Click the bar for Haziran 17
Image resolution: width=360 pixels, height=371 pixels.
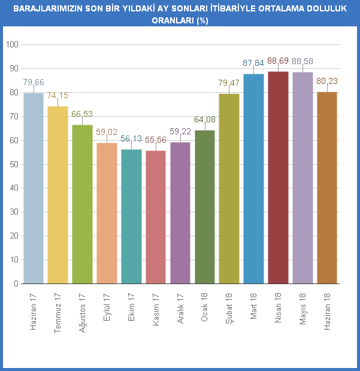click(x=34, y=188)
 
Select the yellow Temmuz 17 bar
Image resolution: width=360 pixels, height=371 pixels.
click(x=58, y=195)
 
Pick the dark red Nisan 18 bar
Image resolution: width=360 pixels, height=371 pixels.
click(x=278, y=177)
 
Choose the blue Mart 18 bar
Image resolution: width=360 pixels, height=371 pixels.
click(x=253, y=179)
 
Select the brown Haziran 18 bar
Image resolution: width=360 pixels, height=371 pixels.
click(x=327, y=188)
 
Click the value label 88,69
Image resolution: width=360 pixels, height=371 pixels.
click(x=278, y=61)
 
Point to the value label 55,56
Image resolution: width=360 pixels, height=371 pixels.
click(x=156, y=140)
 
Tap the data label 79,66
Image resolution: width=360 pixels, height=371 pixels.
click(x=34, y=82)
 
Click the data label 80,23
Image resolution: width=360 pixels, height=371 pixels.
click(x=327, y=81)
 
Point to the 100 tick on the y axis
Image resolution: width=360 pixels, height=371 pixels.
click(x=12, y=45)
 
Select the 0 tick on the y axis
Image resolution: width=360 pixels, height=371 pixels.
click(x=16, y=284)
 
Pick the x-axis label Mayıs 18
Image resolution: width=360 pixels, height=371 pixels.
click(x=302, y=306)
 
